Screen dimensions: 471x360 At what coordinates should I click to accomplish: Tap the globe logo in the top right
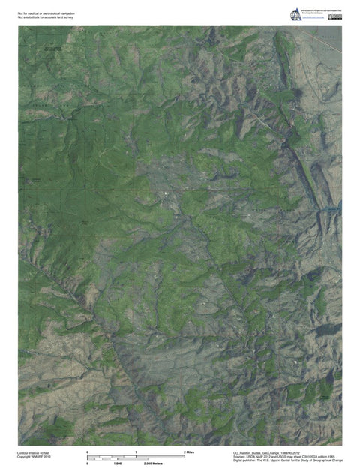pos(292,11)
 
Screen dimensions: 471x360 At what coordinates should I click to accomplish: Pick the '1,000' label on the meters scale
pos(118,463)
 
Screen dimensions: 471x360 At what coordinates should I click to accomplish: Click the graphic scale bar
pos(136,457)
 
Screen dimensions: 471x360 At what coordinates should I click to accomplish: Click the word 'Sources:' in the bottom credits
pos(240,456)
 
